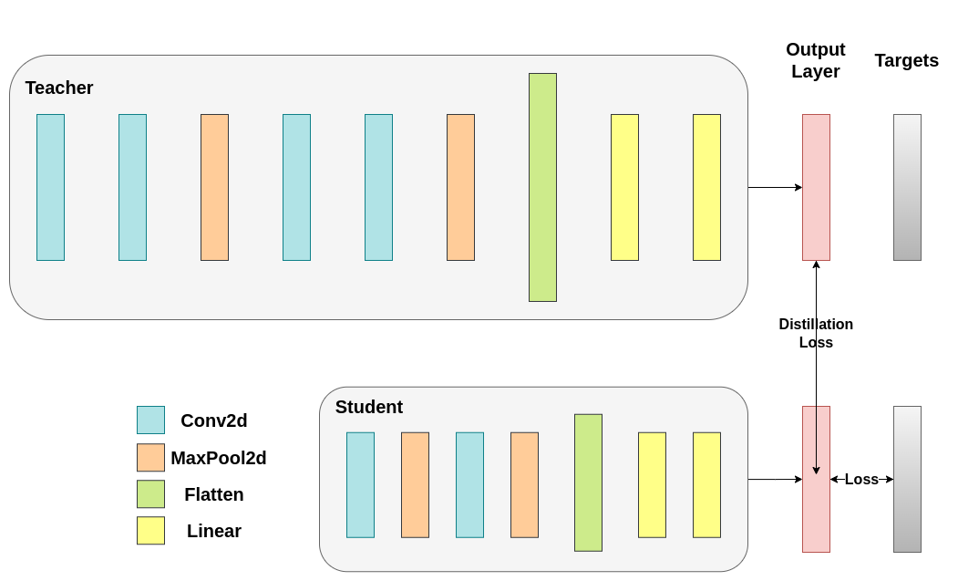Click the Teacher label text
tap(59, 88)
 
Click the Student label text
tap(368, 407)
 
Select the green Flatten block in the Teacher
tap(542, 187)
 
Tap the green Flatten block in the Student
tap(588, 482)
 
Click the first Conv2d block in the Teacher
tap(50, 187)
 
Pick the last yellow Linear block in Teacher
tap(706, 187)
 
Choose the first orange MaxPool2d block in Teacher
tap(214, 187)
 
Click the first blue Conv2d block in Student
tap(360, 484)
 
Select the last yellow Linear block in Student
tap(706, 484)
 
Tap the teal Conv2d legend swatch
tap(150, 420)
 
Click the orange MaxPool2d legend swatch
tap(150, 457)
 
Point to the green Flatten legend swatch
tap(150, 493)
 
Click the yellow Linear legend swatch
tap(150, 530)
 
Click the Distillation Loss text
tap(816, 333)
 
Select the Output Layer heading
tap(815, 60)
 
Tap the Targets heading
tap(906, 60)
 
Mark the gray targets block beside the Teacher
tap(907, 187)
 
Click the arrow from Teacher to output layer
tap(774, 187)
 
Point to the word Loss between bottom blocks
tap(861, 479)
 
